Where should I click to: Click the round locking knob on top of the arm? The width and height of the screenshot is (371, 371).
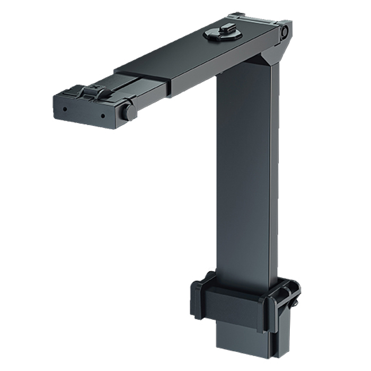click(x=220, y=34)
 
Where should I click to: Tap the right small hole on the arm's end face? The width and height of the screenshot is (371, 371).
click(x=102, y=114)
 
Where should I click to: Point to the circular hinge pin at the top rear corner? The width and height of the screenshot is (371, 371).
click(x=285, y=33)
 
